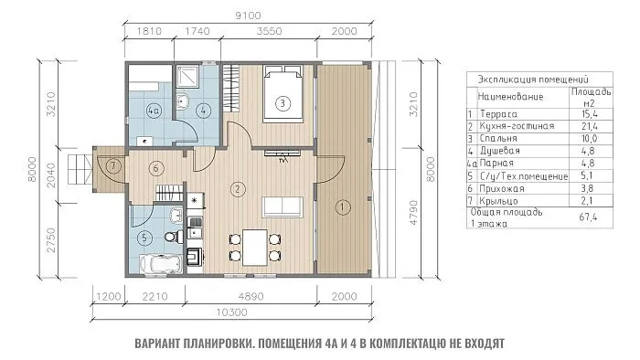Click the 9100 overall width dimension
(243, 14)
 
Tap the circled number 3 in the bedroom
(283, 103)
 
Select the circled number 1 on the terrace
(341, 206)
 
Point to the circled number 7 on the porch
(113, 166)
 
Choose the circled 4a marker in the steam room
(155, 111)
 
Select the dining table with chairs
(249, 246)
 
